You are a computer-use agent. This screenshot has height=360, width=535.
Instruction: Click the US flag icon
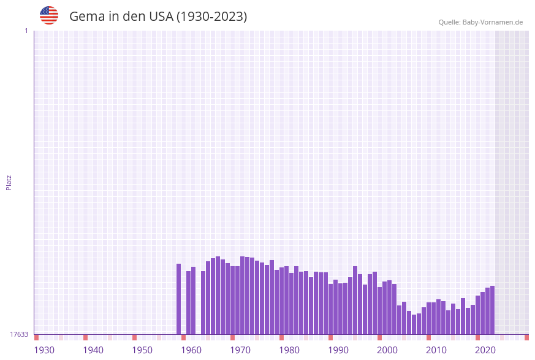point(49,15)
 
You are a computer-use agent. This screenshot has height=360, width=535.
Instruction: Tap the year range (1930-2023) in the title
point(211,17)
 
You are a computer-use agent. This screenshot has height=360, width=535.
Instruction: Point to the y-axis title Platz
point(9,182)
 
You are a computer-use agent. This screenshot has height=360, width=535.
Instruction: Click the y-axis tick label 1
point(26,31)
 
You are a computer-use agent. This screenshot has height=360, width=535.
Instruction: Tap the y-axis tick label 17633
point(19,334)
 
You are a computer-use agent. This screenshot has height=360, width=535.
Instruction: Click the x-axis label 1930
point(44,350)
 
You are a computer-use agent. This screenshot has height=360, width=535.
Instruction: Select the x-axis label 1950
point(142,350)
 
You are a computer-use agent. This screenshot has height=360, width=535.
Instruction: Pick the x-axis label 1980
point(289,350)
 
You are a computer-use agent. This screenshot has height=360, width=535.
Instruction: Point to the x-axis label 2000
point(387,350)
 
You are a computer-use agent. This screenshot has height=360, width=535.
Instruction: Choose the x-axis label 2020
point(485,350)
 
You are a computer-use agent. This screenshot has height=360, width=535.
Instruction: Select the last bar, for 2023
point(492,310)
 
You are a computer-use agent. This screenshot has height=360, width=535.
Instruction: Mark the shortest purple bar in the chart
point(414,324)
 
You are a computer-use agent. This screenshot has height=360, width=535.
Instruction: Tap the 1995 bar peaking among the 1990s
point(355,301)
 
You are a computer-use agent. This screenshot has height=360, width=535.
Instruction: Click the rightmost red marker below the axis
point(526,337)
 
